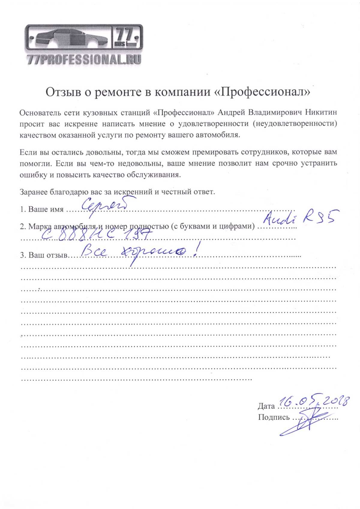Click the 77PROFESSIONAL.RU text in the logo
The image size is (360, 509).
(x=84, y=60)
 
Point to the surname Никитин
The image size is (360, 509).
(x=321, y=112)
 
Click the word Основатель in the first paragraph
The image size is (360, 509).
(x=40, y=113)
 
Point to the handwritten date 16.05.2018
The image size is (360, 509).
(x=314, y=400)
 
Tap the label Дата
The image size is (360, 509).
(x=266, y=406)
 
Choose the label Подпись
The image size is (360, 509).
(x=274, y=418)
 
